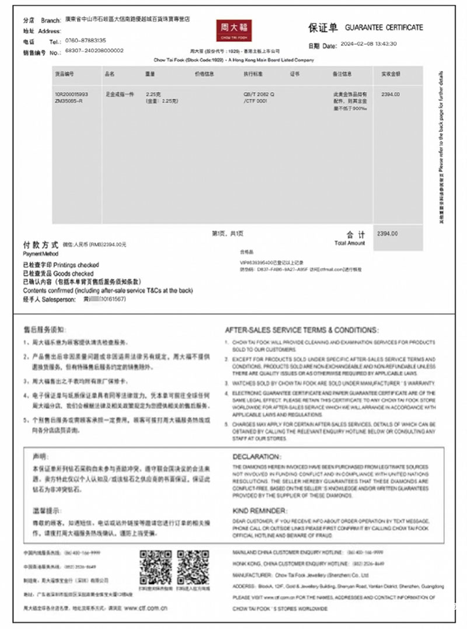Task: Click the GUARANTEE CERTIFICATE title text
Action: (384, 27)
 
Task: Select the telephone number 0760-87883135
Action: (86, 41)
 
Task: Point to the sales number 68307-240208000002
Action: (95, 51)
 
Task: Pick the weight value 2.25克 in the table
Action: (153, 94)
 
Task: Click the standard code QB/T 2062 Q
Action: (259, 94)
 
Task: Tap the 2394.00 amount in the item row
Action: (390, 94)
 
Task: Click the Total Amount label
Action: (350, 243)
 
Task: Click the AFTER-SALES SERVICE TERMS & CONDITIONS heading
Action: (302, 330)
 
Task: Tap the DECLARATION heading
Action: (256, 456)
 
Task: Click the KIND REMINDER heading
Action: (260, 509)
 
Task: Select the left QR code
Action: (155, 566)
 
